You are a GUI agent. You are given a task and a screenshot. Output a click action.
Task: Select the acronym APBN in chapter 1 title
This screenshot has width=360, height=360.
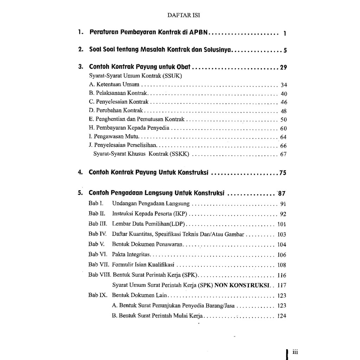[x=199, y=32]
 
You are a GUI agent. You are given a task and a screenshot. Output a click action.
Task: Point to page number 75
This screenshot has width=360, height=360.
[x=283, y=173]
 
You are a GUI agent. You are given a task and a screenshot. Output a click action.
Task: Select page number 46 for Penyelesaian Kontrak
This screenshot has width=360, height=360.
[x=284, y=102]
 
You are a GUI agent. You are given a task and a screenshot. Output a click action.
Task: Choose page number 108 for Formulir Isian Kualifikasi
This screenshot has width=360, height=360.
[x=282, y=265]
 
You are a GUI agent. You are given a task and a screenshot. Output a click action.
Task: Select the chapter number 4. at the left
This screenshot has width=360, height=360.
[x=80, y=173]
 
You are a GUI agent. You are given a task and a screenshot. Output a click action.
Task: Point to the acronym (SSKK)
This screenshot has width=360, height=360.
[x=179, y=154]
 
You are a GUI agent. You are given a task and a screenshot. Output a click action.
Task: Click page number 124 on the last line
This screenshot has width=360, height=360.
[x=282, y=316]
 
